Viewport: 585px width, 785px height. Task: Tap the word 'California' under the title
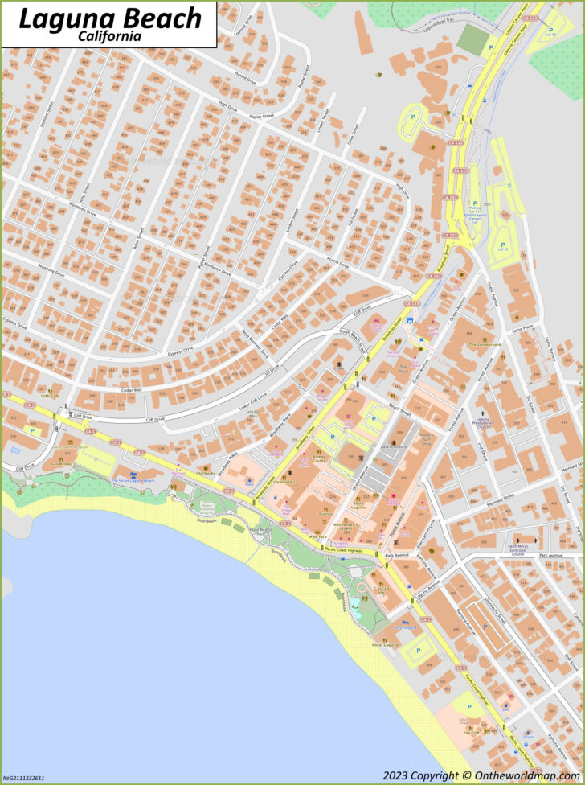click(110, 36)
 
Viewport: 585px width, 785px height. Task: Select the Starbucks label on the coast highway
click(206, 473)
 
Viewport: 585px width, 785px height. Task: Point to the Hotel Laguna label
click(385, 645)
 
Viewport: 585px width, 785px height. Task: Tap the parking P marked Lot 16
click(550, 32)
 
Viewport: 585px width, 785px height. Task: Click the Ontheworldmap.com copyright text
click(480, 775)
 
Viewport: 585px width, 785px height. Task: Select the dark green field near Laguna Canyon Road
click(472, 40)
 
